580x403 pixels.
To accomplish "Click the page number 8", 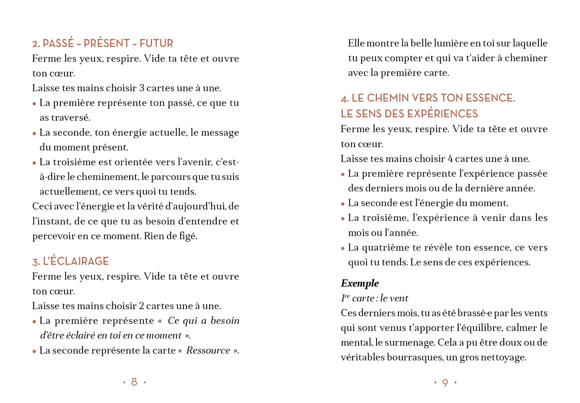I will point(134,382).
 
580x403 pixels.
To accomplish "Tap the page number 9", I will point(445,383).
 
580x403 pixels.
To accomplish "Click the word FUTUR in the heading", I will point(156,44).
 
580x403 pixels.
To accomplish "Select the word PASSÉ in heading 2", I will point(58,44).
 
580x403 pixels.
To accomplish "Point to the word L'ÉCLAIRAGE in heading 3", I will point(75,261).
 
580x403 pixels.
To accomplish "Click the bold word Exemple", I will point(360,283).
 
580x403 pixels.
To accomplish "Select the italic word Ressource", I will point(208,350).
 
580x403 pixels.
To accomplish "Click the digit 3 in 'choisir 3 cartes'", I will point(142,88).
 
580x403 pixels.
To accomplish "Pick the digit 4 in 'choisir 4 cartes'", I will point(450,159).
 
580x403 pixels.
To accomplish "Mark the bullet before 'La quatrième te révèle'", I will point(343,248).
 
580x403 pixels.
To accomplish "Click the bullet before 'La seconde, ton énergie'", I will point(34,134).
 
